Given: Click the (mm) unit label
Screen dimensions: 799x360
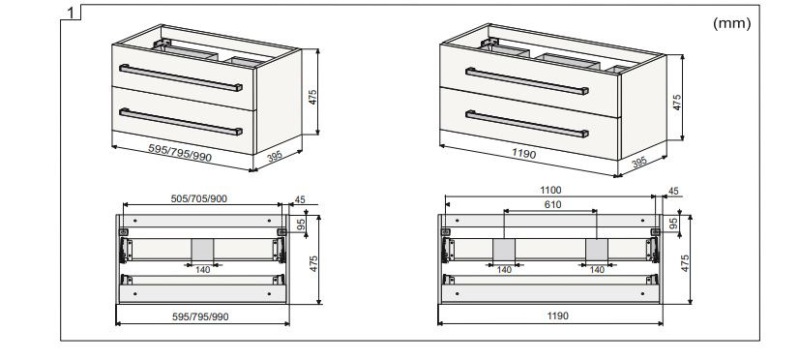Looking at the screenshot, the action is pos(731,23).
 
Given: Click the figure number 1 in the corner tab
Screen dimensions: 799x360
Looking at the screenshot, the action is pos(72,13).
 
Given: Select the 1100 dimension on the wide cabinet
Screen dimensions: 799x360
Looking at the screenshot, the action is pos(550,191).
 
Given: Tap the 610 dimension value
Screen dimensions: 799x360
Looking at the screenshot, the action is pos(553,204).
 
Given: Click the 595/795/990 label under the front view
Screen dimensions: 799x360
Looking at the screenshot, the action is pos(200,316).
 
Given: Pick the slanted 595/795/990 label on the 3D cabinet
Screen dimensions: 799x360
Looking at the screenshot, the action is pos(180,153).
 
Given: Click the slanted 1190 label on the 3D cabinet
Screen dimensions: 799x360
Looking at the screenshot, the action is pos(524,153).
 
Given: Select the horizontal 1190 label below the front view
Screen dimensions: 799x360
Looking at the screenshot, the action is pos(558,315).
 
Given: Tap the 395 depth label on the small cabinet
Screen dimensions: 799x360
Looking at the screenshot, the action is pos(275,156).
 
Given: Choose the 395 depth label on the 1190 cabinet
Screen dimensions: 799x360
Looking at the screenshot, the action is pos(638,162).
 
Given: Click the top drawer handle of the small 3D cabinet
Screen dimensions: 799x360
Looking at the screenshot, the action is pos(181,78).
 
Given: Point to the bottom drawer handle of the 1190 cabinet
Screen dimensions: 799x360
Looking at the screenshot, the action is pos(527,124).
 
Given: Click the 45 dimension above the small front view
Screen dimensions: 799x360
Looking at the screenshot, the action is pos(300,200).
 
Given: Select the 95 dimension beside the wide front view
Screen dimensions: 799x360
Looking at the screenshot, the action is pos(673,224).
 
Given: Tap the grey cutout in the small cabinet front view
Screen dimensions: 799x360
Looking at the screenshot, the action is pos(203,249).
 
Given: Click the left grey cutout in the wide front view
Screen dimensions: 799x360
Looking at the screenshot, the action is pos(503,249).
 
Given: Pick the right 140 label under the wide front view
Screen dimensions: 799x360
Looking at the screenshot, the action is pos(597,270).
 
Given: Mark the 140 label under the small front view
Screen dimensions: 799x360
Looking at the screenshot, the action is pos(203,270).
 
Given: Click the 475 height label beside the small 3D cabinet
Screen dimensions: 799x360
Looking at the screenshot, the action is pos(312,97).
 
